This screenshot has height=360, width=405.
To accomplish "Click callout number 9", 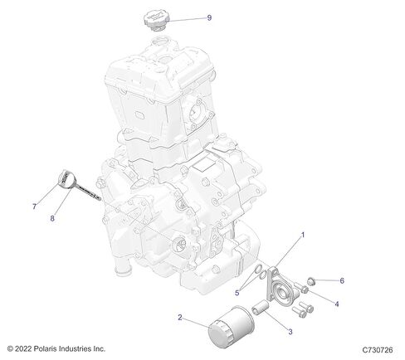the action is tap(209, 17).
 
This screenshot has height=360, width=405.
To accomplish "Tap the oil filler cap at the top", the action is tap(156, 20).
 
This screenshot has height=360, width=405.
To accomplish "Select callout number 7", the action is tap(34, 207).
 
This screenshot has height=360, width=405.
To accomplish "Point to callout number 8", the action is tap(52, 218).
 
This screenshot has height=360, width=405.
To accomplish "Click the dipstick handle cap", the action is tap(66, 180).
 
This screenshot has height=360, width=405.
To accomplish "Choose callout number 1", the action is tap(303, 235).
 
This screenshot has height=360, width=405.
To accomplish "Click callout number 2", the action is tap(180, 318).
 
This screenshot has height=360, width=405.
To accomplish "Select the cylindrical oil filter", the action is tap(231, 326).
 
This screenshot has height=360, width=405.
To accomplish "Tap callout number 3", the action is tap(290, 332).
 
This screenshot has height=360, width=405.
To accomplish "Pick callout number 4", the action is tap(337, 304).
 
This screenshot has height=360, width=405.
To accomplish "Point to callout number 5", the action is tap(237, 293).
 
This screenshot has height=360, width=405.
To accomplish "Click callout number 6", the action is tap(342, 281).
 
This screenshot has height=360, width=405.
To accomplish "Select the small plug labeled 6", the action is tap(311, 281).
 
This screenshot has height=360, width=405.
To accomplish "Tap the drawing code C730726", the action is tap(378, 350).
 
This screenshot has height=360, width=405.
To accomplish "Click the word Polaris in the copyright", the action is tap(45, 349).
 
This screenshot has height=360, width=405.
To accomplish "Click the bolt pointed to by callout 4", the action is tap(301, 288).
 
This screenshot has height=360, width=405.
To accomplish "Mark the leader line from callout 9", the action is tap(187, 19).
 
